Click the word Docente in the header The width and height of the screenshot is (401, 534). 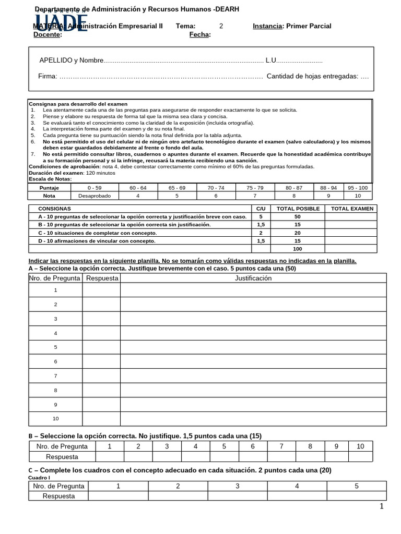coord(46,35)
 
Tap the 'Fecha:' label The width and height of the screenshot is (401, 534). coord(200,35)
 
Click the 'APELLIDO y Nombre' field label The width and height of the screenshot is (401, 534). coord(71,60)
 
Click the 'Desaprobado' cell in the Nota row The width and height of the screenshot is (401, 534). coord(91,196)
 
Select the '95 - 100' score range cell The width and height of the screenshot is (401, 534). coord(358,187)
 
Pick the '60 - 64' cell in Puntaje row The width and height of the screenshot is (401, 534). coord(138,187)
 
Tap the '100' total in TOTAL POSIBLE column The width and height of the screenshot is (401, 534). coord(298,249)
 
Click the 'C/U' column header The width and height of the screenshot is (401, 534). coord(261,209)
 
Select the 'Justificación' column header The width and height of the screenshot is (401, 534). coord(253,278)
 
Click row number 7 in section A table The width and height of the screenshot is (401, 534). coord(55,375)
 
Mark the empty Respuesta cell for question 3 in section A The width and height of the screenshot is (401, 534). coord(101,319)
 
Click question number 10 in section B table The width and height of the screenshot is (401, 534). coord(360,446)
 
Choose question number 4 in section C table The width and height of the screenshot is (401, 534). coord(297,486)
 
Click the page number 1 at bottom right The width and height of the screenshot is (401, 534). coord(382,506)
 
